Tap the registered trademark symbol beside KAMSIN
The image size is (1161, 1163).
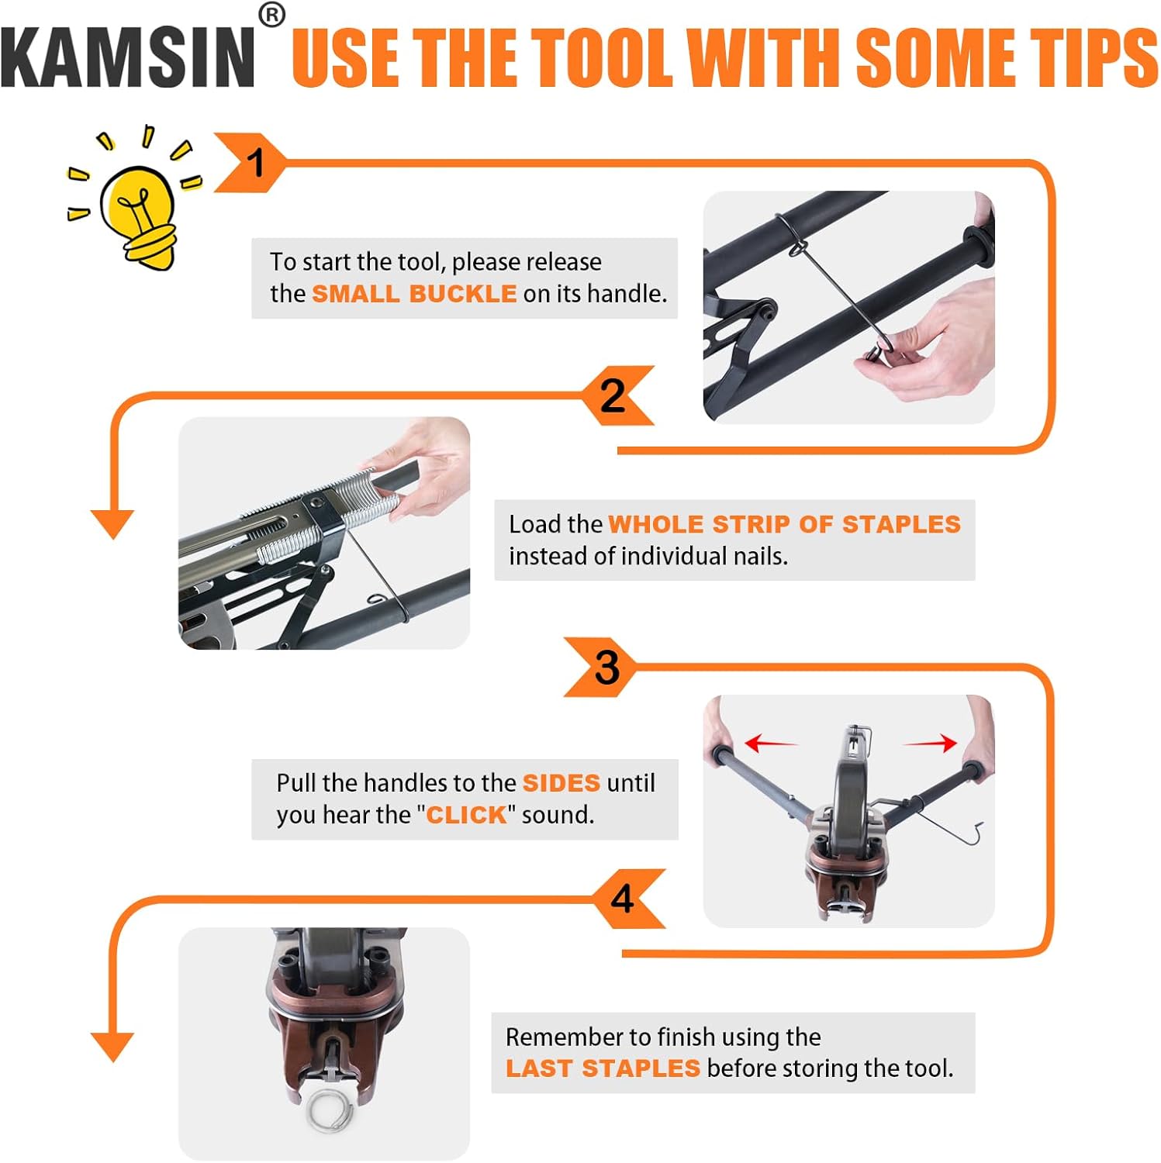pos(271,16)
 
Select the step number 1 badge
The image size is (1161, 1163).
pos(252,163)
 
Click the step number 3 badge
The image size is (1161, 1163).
pos(606,667)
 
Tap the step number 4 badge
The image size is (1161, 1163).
pos(624,899)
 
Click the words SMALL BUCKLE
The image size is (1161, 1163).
pos(413,294)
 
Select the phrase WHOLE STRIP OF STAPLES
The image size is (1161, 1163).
pos(784,524)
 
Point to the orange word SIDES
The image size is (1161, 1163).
pos(561,783)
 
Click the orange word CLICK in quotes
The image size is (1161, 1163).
pos(466,815)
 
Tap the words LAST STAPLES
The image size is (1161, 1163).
pos(603,1068)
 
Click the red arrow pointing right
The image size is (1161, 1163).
pos(931,744)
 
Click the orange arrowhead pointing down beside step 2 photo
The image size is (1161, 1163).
pos(112,523)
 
